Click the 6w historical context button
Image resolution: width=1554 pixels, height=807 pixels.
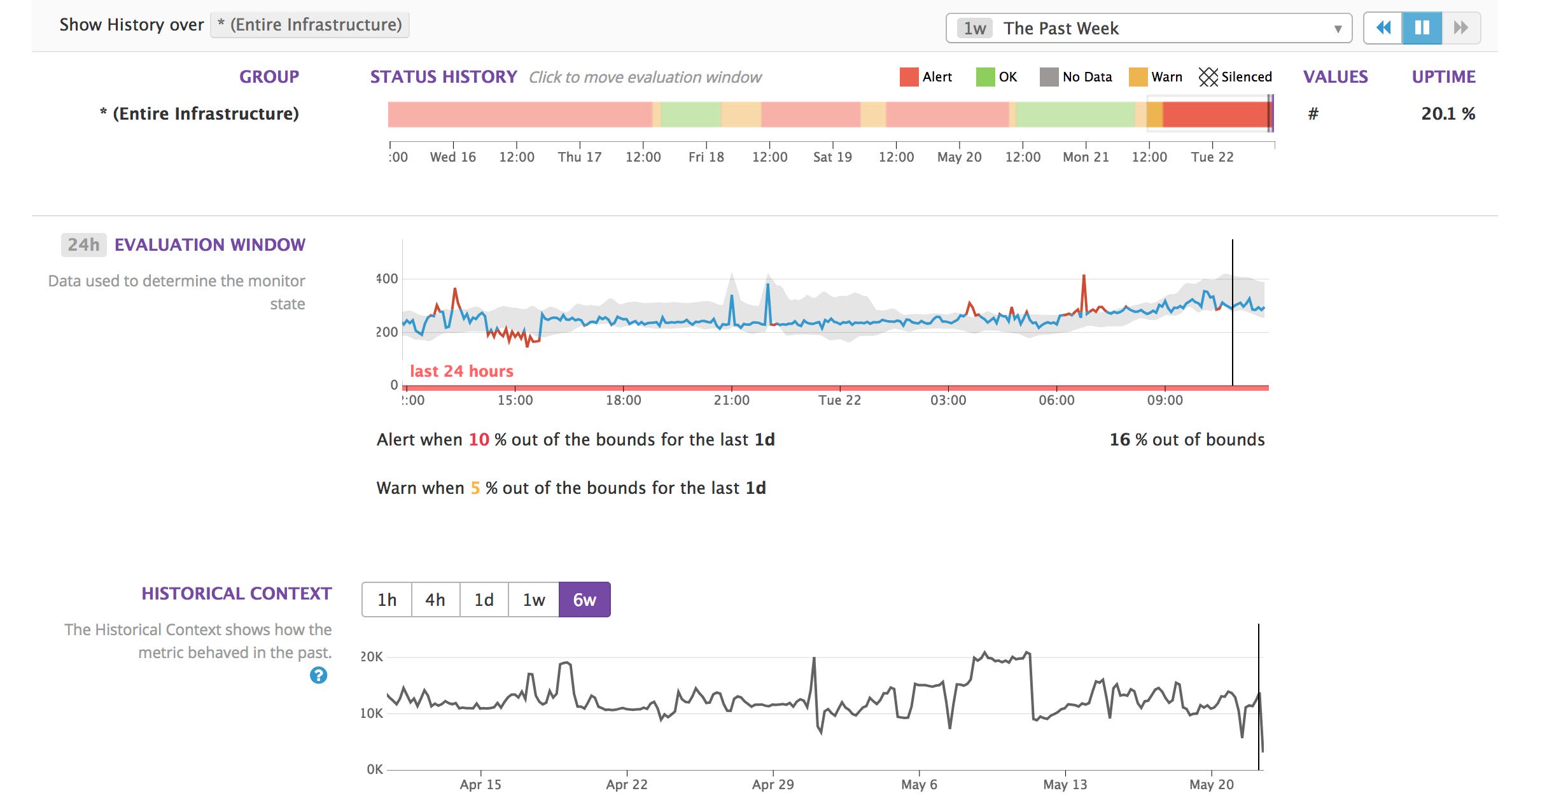[584, 600]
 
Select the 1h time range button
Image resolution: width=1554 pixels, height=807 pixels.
[387, 600]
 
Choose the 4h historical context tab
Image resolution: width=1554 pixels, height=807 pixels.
[435, 600]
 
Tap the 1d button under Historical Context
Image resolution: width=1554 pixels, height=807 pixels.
[484, 600]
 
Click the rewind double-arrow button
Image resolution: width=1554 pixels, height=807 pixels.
[1383, 28]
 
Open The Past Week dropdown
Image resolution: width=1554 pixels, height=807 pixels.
[1149, 28]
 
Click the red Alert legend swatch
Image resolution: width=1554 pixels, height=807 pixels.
[909, 77]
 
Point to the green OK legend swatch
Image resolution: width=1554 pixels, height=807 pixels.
[985, 77]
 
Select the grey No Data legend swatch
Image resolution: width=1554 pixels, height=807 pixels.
[1049, 77]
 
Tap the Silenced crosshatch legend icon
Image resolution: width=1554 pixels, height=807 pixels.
[1208, 77]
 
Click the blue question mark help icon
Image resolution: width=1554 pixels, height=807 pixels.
[318, 675]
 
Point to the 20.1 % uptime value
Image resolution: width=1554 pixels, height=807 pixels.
[1448, 114]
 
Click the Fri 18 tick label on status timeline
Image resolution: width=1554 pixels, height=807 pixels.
[706, 157]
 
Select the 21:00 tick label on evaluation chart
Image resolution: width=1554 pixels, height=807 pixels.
[731, 400]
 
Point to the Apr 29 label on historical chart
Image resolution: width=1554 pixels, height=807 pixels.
[773, 785]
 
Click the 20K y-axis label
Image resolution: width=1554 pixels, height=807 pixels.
[372, 657]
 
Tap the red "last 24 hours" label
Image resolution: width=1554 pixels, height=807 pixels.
[461, 371]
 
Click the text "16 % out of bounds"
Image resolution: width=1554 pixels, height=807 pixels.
[1187, 440]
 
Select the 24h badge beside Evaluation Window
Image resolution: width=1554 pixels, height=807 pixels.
[83, 245]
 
